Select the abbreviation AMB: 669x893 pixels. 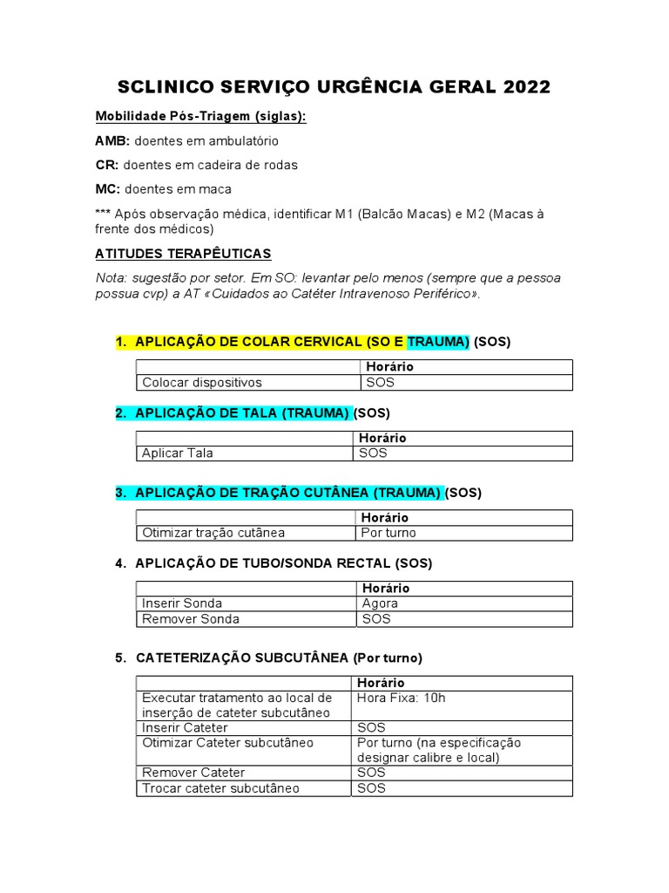coord(112,140)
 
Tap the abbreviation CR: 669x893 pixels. coord(107,165)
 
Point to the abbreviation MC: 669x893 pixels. coord(108,189)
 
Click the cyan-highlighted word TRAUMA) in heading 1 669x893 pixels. coord(438,342)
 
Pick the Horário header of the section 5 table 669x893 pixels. coord(381,683)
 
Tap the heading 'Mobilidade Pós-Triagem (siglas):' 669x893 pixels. coord(200,117)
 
